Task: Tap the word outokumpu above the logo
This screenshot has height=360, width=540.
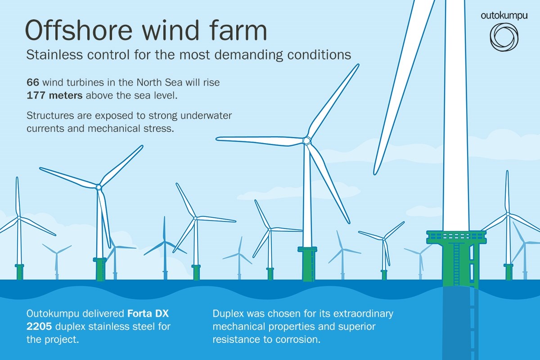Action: click(x=504, y=15)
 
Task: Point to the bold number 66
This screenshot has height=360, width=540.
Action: click(x=33, y=83)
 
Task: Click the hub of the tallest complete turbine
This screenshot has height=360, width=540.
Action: click(x=306, y=141)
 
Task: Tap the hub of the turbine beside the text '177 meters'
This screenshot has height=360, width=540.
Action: click(x=99, y=186)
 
